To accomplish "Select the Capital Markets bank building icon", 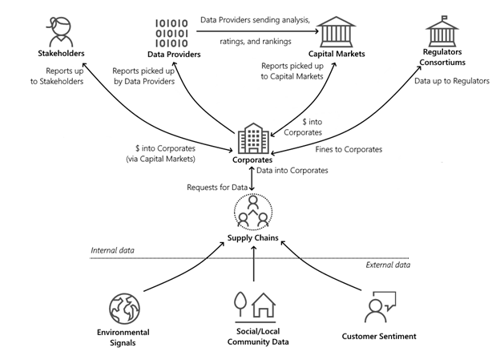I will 341,30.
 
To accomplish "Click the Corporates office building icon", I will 253,140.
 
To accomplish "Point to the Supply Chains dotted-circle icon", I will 253,216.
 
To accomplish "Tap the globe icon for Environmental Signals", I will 124,307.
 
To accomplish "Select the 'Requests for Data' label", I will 215,188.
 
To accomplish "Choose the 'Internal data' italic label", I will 112,251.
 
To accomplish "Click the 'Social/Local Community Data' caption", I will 252,337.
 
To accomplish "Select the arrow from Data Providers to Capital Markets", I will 256,30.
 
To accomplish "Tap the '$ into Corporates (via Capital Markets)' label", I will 163,153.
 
